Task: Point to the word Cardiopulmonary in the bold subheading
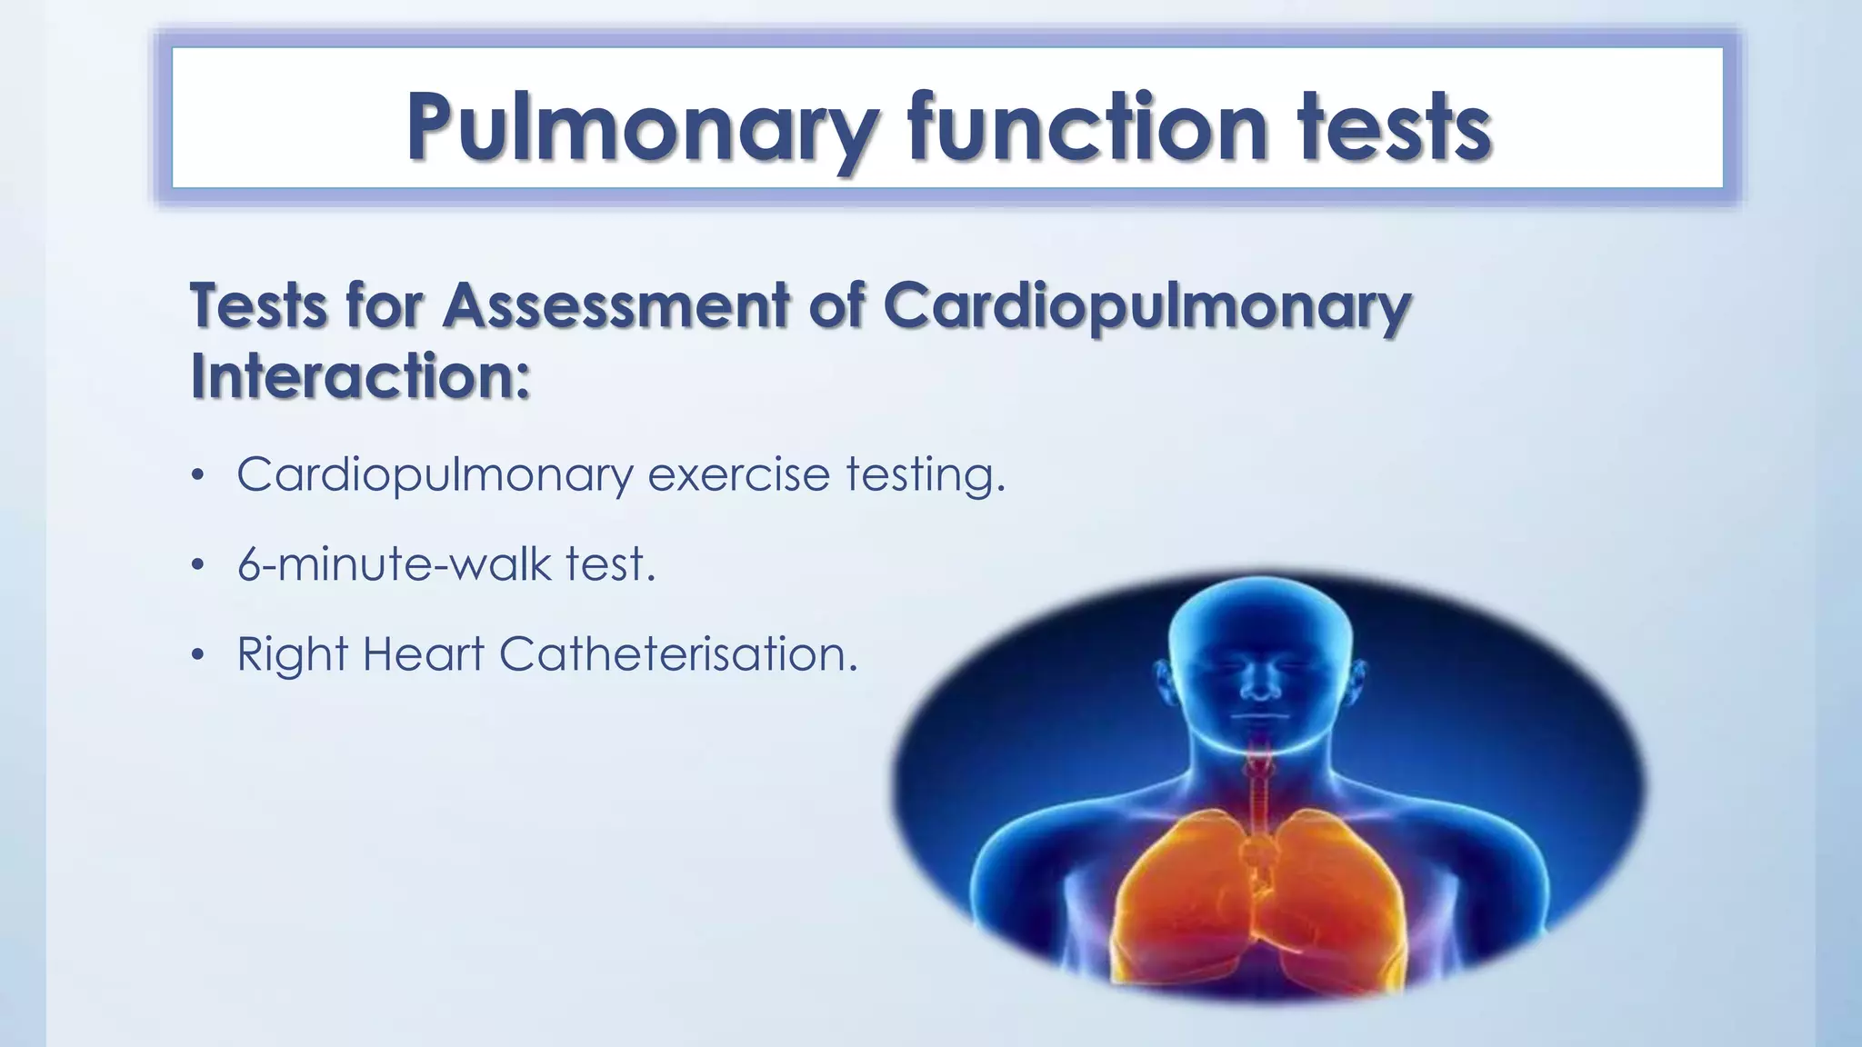click(1146, 306)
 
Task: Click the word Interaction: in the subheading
click(360, 375)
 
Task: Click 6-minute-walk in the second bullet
click(394, 563)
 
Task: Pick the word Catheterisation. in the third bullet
click(678, 653)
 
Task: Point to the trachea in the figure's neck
click(1260, 782)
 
